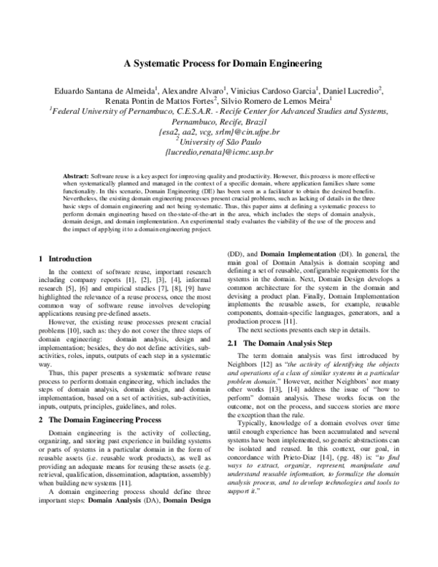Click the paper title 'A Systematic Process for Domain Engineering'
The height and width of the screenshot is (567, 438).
click(x=218, y=63)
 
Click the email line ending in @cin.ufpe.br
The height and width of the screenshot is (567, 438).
click(x=219, y=134)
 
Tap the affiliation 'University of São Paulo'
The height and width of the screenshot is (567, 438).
click(x=221, y=144)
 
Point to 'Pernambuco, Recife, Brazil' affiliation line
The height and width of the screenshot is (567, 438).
click(x=219, y=123)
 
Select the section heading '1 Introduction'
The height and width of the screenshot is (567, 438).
click(x=65, y=259)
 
